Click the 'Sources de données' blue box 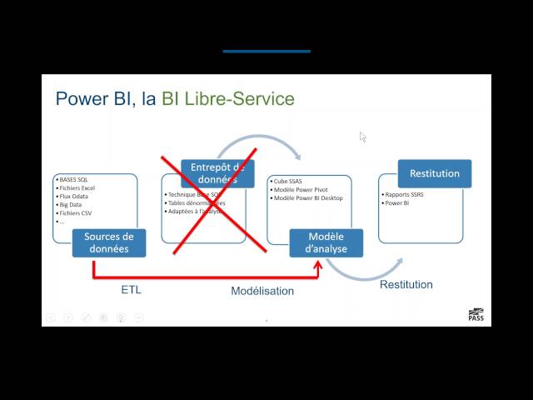point(109,242)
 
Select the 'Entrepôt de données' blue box point(217,173)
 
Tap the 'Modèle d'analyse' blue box point(326,242)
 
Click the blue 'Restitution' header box point(435,173)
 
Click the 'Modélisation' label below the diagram point(262,291)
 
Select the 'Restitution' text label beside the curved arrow point(406,284)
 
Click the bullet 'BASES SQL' point(76,179)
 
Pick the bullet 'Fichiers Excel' point(77,188)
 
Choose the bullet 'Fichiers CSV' point(76,213)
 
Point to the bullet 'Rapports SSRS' point(405,194)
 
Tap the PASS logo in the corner point(476,314)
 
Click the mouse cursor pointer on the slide point(362,136)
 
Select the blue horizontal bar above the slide point(266,51)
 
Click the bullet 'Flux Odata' point(74,197)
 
